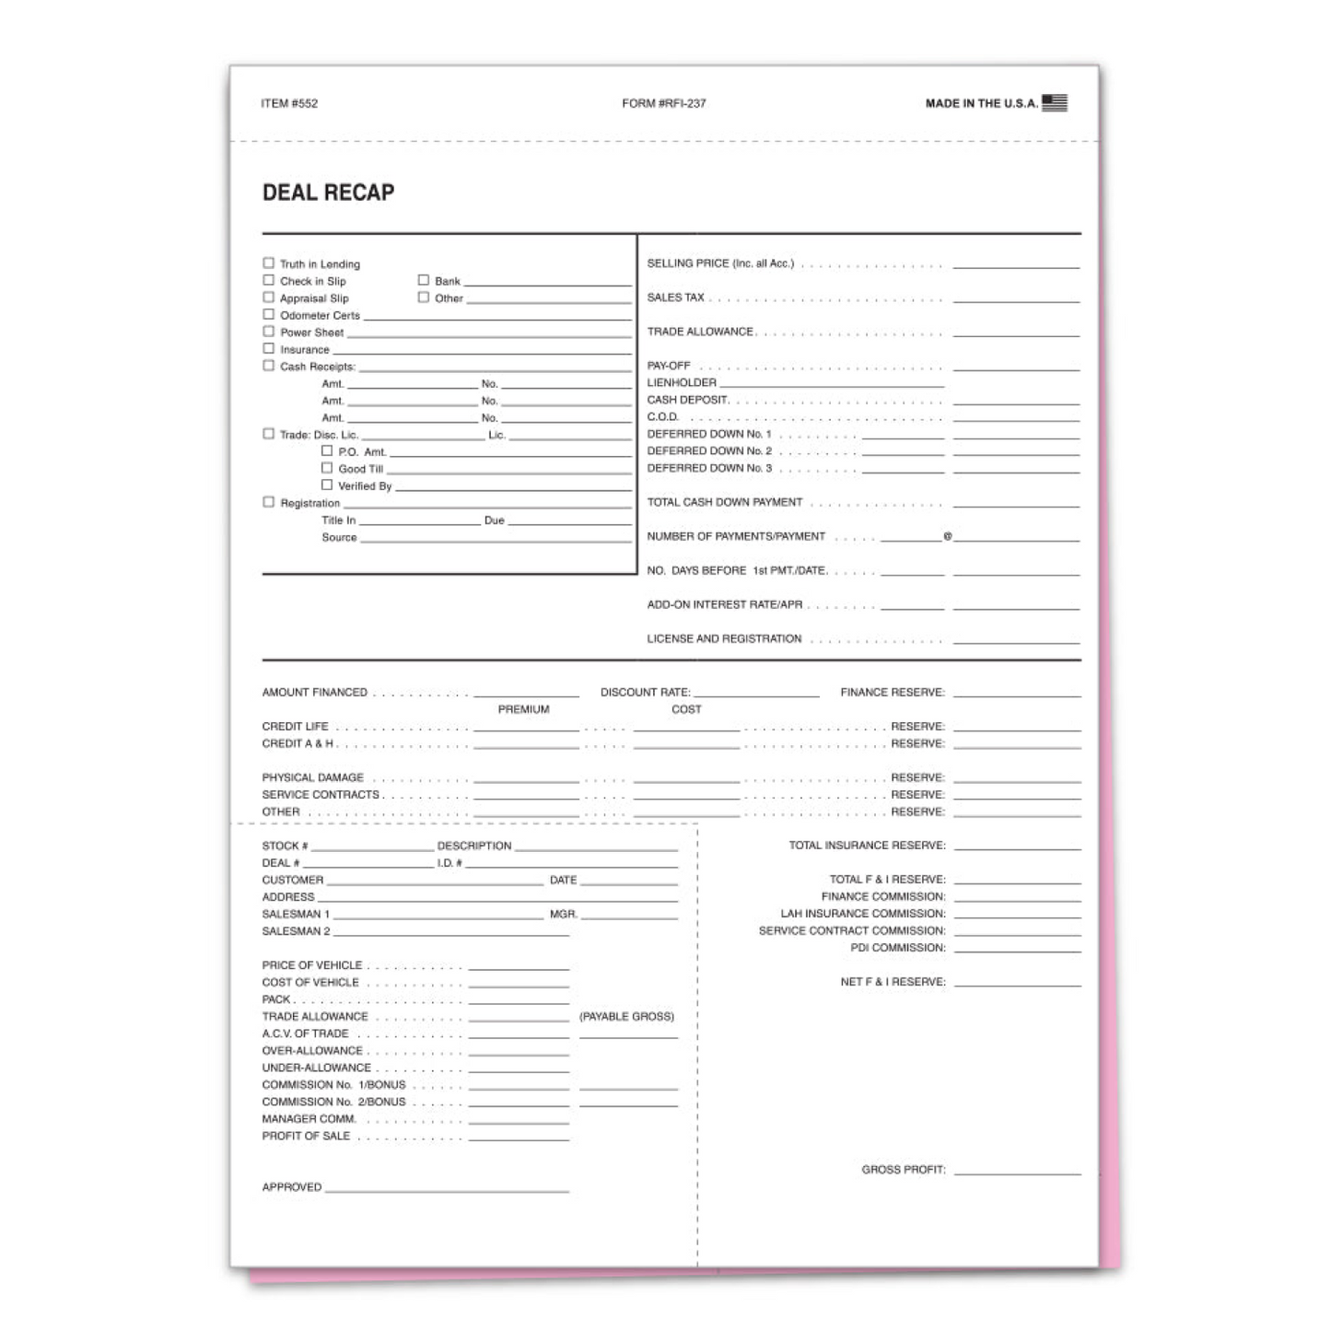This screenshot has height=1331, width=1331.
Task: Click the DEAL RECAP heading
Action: coord(328,193)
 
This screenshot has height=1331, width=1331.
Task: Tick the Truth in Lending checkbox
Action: coord(269,263)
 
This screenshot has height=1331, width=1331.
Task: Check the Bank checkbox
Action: coord(424,280)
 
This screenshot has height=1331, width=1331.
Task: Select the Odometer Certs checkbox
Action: coord(269,315)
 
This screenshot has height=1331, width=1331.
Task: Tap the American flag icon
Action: coord(1055,102)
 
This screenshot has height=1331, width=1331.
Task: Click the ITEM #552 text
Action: coord(289,103)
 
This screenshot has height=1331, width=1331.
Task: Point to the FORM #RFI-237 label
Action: coord(663,103)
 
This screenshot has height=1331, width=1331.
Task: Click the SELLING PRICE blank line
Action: coord(1015,266)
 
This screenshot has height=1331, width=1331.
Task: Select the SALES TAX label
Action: coord(675,298)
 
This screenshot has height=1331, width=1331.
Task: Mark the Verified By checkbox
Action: coord(327,485)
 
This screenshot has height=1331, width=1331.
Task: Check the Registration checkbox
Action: coord(269,503)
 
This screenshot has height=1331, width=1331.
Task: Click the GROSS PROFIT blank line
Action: coord(1017,1173)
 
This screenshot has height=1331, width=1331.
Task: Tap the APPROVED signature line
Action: coord(447,1191)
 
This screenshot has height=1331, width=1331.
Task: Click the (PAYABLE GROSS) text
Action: coord(626,1017)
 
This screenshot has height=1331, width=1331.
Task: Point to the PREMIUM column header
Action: coord(523,709)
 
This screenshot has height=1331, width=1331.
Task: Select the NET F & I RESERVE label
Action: coord(892,982)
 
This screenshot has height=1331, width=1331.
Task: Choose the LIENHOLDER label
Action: coord(682,383)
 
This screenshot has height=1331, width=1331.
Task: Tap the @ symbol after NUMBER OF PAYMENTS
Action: coord(947,536)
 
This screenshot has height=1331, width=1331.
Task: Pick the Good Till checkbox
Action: coord(327,469)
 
